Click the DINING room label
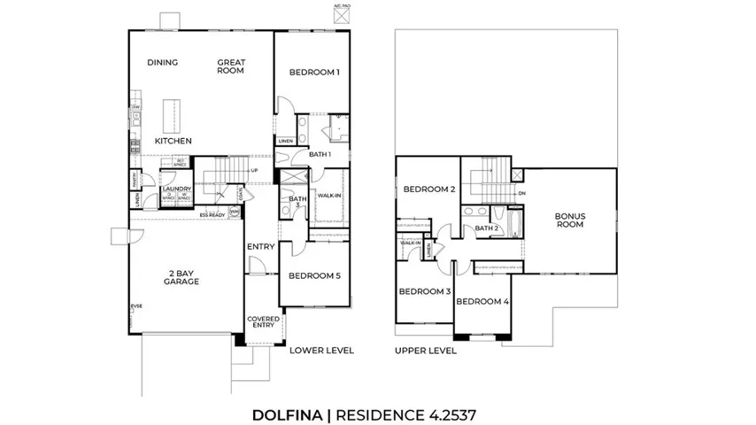[x=162, y=63]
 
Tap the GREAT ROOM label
[x=231, y=67]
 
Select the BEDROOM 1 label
[x=314, y=72]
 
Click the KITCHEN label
[x=174, y=142]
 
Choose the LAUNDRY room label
[x=178, y=189]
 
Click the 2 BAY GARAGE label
[x=181, y=276]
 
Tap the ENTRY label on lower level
[x=260, y=246]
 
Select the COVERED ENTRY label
[x=263, y=321]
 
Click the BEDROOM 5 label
[x=314, y=275]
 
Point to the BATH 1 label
[x=320, y=155]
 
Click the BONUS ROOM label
[x=570, y=220]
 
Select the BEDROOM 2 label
[x=428, y=189]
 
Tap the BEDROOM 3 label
[x=424, y=291]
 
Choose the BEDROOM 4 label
[x=482, y=302]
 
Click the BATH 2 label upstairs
[x=485, y=228]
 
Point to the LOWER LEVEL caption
[x=321, y=351]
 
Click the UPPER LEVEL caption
[x=426, y=351]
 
